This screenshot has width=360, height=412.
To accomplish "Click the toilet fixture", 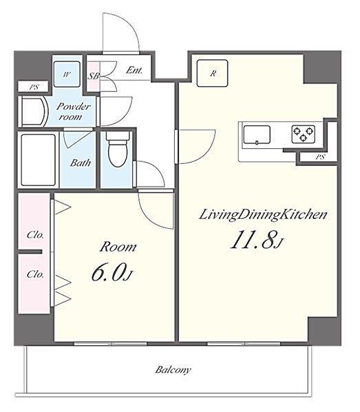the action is click(118, 149).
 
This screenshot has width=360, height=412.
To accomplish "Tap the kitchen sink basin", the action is click(257, 135).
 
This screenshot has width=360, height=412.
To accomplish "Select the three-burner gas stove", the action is click(304, 134).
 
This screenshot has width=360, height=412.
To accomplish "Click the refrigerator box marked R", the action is click(213, 73).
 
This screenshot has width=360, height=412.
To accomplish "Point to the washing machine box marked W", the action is click(67, 74).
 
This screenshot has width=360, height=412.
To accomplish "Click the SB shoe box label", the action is click(93, 76).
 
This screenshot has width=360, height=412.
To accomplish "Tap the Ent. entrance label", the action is click(134, 70).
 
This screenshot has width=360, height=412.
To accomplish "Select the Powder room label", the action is click(73, 112).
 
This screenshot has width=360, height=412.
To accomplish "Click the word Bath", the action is click(81, 163).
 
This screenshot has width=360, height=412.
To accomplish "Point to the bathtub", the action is click(38, 160).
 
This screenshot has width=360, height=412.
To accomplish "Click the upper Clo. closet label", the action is click(35, 235).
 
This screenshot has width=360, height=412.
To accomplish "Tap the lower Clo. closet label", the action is click(35, 274).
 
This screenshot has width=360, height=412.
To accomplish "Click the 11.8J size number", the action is click(257, 239).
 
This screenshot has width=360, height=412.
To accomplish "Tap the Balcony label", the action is click(173, 370).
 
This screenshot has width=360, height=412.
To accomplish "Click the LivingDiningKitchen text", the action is click(263, 214).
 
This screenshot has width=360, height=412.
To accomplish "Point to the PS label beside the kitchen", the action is click(320, 157).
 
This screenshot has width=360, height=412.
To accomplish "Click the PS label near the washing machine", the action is click(34, 87).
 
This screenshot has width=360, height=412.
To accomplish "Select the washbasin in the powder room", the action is click(34, 112).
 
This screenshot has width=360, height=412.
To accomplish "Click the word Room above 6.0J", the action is click(118, 247).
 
